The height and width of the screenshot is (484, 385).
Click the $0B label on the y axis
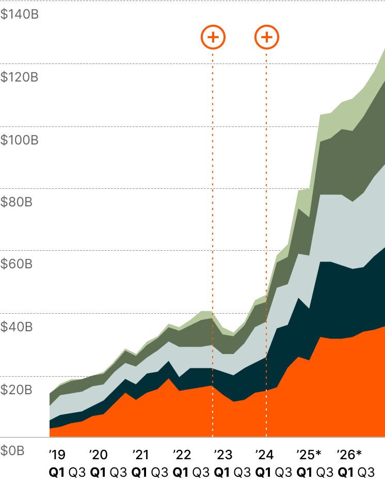pyautogui.click(x=12, y=451)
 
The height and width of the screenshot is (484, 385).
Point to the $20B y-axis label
pyautogui.click(x=16, y=390)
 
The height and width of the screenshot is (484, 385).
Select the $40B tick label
pyautogui.click(x=16, y=327)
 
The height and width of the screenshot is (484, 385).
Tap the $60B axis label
pyautogui.click(x=16, y=265)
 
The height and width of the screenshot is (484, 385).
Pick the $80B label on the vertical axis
pyautogui.click(x=16, y=202)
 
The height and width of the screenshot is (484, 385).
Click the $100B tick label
pyautogui.click(x=19, y=140)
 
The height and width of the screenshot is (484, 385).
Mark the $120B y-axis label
pyautogui.click(x=19, y=77)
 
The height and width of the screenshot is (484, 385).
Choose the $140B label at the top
pyautogui.click(x=19, y=14)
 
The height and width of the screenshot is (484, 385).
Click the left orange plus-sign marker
pyautogui.click(x=213, y=37)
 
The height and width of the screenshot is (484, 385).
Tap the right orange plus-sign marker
pyautogui.click(x=267, y=37)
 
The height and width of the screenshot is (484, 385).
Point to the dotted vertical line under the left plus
pyautogui.click(x=213, y=155)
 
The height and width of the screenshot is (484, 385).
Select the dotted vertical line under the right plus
pyautogui.click(x=266, y=155)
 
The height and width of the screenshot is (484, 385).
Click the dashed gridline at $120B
pyautogui.click(x=155, y=63)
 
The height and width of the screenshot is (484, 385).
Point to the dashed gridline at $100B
pyautogui.click(x=155, y=126)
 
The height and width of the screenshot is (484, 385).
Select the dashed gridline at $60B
pyautogui.click(x=155, y=251)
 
